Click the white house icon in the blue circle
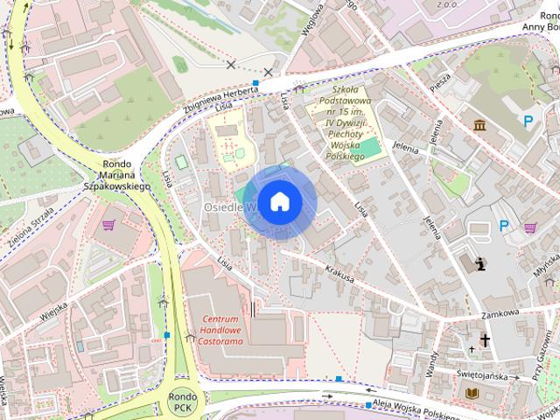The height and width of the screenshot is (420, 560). coord(279,201)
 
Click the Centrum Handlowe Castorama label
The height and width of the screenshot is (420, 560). coord(220,331)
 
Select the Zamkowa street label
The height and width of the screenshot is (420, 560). coord(500,312)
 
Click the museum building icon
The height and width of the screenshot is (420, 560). coord(479,126)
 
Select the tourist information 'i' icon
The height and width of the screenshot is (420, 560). coord(479,262)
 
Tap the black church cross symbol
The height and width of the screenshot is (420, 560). coord(485,341)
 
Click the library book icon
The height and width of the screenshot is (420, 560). coord(473,394)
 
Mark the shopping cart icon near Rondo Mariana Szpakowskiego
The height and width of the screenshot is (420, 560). coord(109,225)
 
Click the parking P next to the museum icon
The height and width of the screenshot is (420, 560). coord(528,122)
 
